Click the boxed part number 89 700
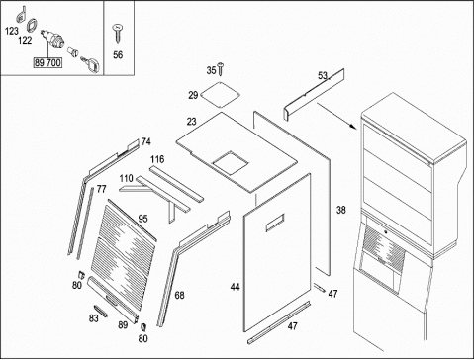tap(47, 62)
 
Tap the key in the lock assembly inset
tap(91, 64)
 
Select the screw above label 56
tap(118, 33)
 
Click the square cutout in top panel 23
tap(230, 163)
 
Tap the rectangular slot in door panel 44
tap(275, 223)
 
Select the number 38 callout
tap(341, 210)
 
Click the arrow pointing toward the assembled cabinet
tap(336, 116)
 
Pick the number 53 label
tap(323, 76)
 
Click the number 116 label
tap(157, 159)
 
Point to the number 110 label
tap(126, 179)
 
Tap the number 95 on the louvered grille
tap(142, 219)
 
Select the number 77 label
tap(101, 189)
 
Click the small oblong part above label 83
tap(101, 311)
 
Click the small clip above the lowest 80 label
tap(143, 326)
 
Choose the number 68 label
tap(179, 296)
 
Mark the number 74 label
tap(146, 141)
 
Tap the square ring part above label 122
tap(32, 25)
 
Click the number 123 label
tap(12, 31)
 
